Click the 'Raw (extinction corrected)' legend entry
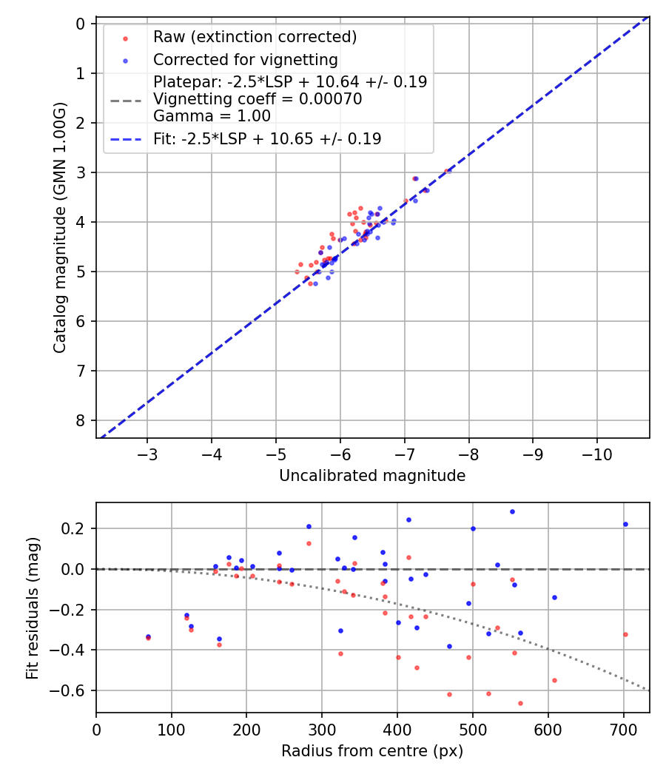[255, 37]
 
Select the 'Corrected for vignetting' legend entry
[245, 60]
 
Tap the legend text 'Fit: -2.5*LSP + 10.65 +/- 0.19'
[267, 139]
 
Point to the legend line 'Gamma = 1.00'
[212, 116]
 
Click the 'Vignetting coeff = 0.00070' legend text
[258, 99]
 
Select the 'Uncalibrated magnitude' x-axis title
[372, 476]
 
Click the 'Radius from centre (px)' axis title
[372, 751]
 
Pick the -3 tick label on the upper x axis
[147, 454]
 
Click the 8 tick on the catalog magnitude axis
[81, 420]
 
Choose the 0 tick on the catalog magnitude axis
[81, 24]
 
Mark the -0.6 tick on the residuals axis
[73, 690]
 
